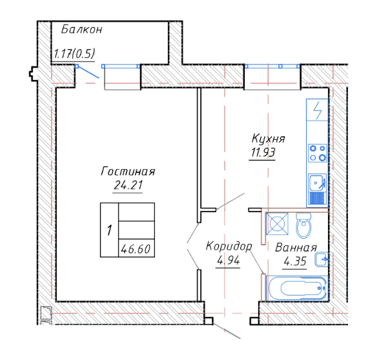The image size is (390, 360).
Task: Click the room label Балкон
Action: point(81,30)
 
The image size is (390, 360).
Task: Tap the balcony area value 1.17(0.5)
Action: point(74,54)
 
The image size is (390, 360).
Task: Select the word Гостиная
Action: point(128,172)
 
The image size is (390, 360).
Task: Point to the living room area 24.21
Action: point(128,185)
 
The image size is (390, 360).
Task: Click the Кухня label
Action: point(268,139)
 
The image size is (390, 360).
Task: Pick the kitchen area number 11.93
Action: point(263,152)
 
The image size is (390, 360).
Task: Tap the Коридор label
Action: point(229,246)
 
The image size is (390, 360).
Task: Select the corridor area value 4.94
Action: point(228,261)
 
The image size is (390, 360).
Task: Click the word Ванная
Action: point(296,248)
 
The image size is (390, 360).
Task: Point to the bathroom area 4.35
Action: point(294,261)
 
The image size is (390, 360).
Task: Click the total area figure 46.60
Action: point(136,248)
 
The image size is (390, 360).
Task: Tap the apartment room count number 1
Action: point(109,230)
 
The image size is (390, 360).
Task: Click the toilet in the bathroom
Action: point(303,225)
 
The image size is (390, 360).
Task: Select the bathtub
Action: point(297,288)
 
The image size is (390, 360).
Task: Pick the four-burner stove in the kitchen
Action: point(318,153)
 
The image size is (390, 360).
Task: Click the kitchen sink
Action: point(318,190)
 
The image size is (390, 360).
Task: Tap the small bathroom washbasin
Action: point(322,259)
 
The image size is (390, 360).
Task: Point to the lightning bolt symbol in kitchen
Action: point(317,110)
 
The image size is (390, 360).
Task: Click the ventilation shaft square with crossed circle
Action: point(277,224)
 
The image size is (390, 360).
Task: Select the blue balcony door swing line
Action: point(88,72)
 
